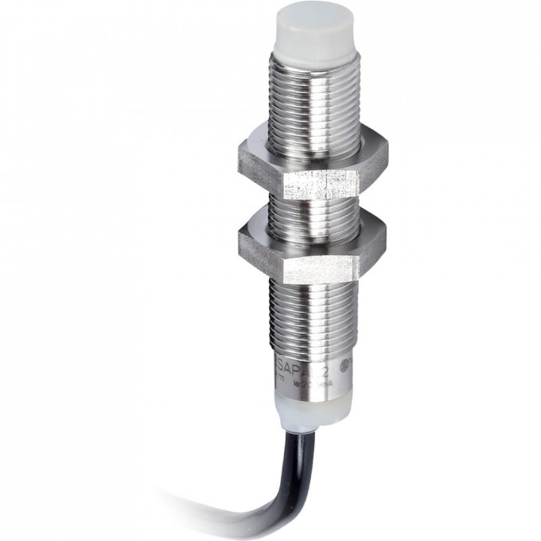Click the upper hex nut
click(x=311, y=167)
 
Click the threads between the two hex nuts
click(x=311, y=208)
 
